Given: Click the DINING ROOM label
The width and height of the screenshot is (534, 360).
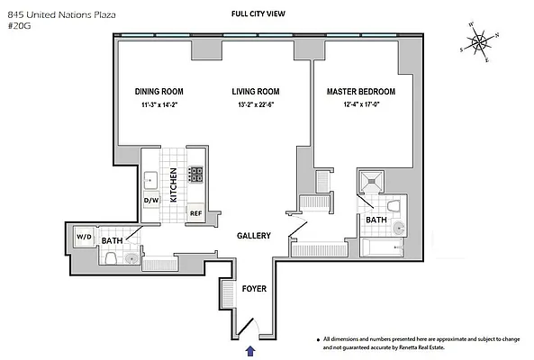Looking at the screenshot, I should tap(160, 92).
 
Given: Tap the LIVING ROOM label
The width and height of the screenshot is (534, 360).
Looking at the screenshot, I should tap(255, 92).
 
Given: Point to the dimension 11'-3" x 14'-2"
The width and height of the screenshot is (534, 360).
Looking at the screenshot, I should tap(160, 106).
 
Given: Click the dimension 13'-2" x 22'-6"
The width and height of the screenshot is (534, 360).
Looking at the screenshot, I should tap(255, 106).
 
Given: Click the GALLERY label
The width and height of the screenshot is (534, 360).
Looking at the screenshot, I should tap(254, 236).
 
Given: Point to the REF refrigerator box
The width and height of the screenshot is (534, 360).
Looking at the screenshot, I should tap(195, 213).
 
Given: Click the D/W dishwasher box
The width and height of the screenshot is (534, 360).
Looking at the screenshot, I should tap(151, 201).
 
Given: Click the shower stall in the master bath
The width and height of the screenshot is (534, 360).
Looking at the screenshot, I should tap(373, 185).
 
